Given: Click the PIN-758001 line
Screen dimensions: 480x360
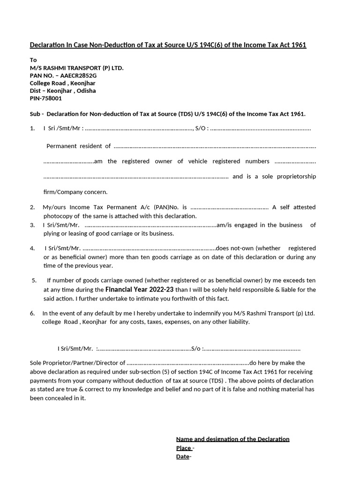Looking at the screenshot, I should (46, 98).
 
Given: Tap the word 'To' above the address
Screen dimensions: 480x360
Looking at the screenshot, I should (33, 60).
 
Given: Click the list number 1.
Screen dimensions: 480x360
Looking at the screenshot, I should (32, 128).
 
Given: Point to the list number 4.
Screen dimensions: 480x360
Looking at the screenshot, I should (32, 248).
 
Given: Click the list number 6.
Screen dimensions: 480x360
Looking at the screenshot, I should (32, 313).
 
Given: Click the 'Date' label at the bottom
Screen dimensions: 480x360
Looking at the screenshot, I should (183, 457).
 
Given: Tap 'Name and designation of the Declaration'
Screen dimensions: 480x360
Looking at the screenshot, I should (232, 439).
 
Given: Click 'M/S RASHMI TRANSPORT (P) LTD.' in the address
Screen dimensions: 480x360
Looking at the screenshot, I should (77, 68).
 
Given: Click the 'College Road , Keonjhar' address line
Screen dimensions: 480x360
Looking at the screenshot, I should (63, 83).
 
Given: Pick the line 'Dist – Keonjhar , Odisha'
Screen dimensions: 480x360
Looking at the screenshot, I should (63, 91).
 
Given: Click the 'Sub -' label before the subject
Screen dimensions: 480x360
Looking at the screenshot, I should (37, 114).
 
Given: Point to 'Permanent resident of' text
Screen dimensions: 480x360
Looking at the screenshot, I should (79, 146).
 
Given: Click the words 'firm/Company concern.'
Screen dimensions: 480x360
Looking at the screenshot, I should (75, 192).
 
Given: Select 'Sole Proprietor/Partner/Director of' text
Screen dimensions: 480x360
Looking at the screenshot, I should (78, 363).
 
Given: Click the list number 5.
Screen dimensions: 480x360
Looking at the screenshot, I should (34, 281).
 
